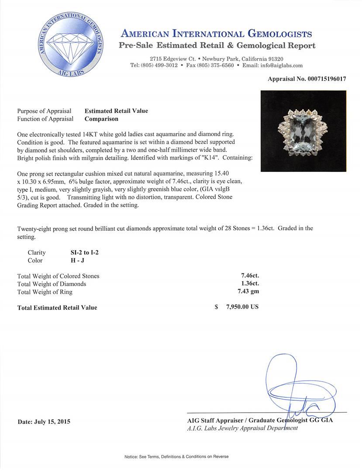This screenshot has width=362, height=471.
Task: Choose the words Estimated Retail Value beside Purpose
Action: click(x=116, y=111)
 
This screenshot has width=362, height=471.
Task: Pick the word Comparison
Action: click(x=101, y=119)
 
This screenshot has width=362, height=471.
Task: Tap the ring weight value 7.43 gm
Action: click(x=250, y=292)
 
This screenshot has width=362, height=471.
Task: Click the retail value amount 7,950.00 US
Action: click(x=242, y=307)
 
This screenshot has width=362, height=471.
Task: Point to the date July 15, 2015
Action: click(x=44, y=422)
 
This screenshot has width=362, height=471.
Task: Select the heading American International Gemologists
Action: click(x=216, y=34)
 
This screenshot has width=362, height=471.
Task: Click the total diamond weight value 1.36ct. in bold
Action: click(x=250, y=284)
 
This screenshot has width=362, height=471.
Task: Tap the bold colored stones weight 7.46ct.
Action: click(x=250, y=276)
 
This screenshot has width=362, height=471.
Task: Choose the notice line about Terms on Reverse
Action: click(x=176, y=457)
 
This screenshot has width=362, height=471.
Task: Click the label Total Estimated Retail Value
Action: click(x=57, y=307)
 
